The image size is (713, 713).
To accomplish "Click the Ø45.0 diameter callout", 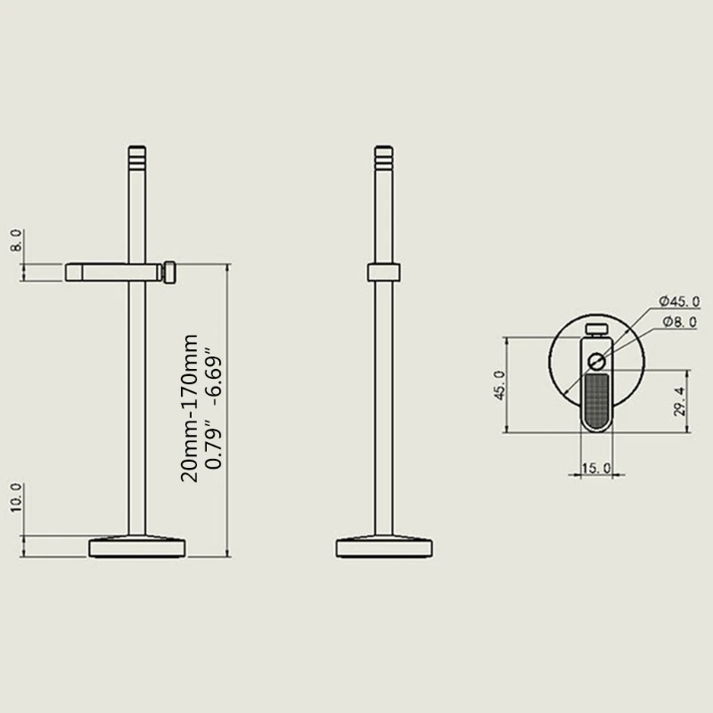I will click(679, 300).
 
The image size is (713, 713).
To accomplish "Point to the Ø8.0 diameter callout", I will click(679, 322).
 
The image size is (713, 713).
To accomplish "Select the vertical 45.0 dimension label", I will click(500, 385).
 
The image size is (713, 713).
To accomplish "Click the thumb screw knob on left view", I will click(168, 272).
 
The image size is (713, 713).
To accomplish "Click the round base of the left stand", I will click(137, 546).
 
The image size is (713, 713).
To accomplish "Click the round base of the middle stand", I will click(384, 546).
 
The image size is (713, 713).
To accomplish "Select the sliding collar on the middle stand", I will click(383, 273).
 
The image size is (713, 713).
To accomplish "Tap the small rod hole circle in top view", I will click(596, 361).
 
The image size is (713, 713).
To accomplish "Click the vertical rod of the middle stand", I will click(383, 401).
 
